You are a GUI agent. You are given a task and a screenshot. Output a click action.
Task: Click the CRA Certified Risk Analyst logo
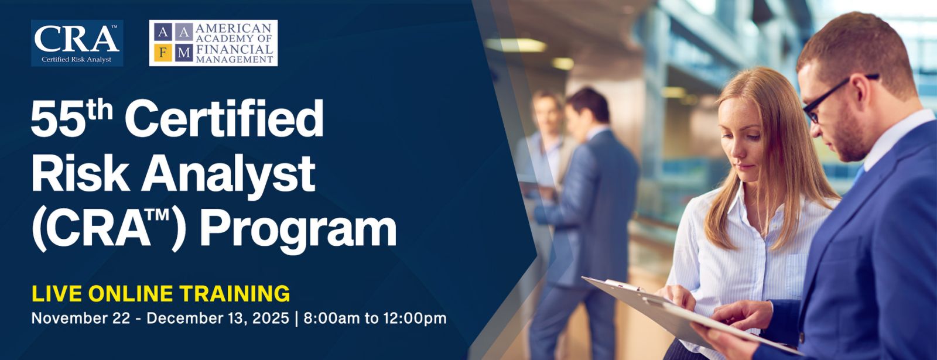pos(77,43)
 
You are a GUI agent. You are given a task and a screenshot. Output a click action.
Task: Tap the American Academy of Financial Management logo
pos(213,43)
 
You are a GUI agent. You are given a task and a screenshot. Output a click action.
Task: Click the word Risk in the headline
pos(80,173)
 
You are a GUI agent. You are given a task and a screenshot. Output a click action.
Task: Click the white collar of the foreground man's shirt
pos(895,138)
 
